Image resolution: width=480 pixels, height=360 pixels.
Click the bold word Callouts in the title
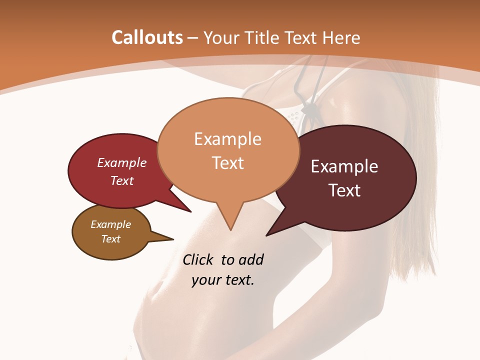click(147, 37)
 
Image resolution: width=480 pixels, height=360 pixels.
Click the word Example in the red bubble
click(122, 163)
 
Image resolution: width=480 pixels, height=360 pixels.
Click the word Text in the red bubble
click(122, 181)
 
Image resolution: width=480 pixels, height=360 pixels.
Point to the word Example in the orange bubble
click(227, 139)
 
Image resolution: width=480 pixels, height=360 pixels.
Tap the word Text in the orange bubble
click(227, 163)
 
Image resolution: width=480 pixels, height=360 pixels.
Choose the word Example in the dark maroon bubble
click(344, 166)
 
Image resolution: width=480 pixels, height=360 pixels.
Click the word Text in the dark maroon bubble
click(344, 190)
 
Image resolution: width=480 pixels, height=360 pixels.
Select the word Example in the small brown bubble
click(110, 224)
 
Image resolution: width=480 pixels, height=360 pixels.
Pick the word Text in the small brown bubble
click(110, 239)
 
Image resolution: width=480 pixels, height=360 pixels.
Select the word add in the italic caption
click(251, 260)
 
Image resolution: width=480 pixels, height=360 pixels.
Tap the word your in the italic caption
click(206, 280)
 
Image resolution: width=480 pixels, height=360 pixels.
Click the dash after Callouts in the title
click(193, 38)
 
